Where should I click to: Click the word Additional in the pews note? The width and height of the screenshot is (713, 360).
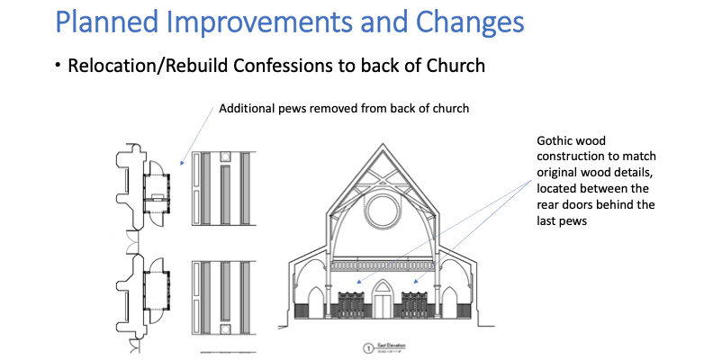pos(247,110)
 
